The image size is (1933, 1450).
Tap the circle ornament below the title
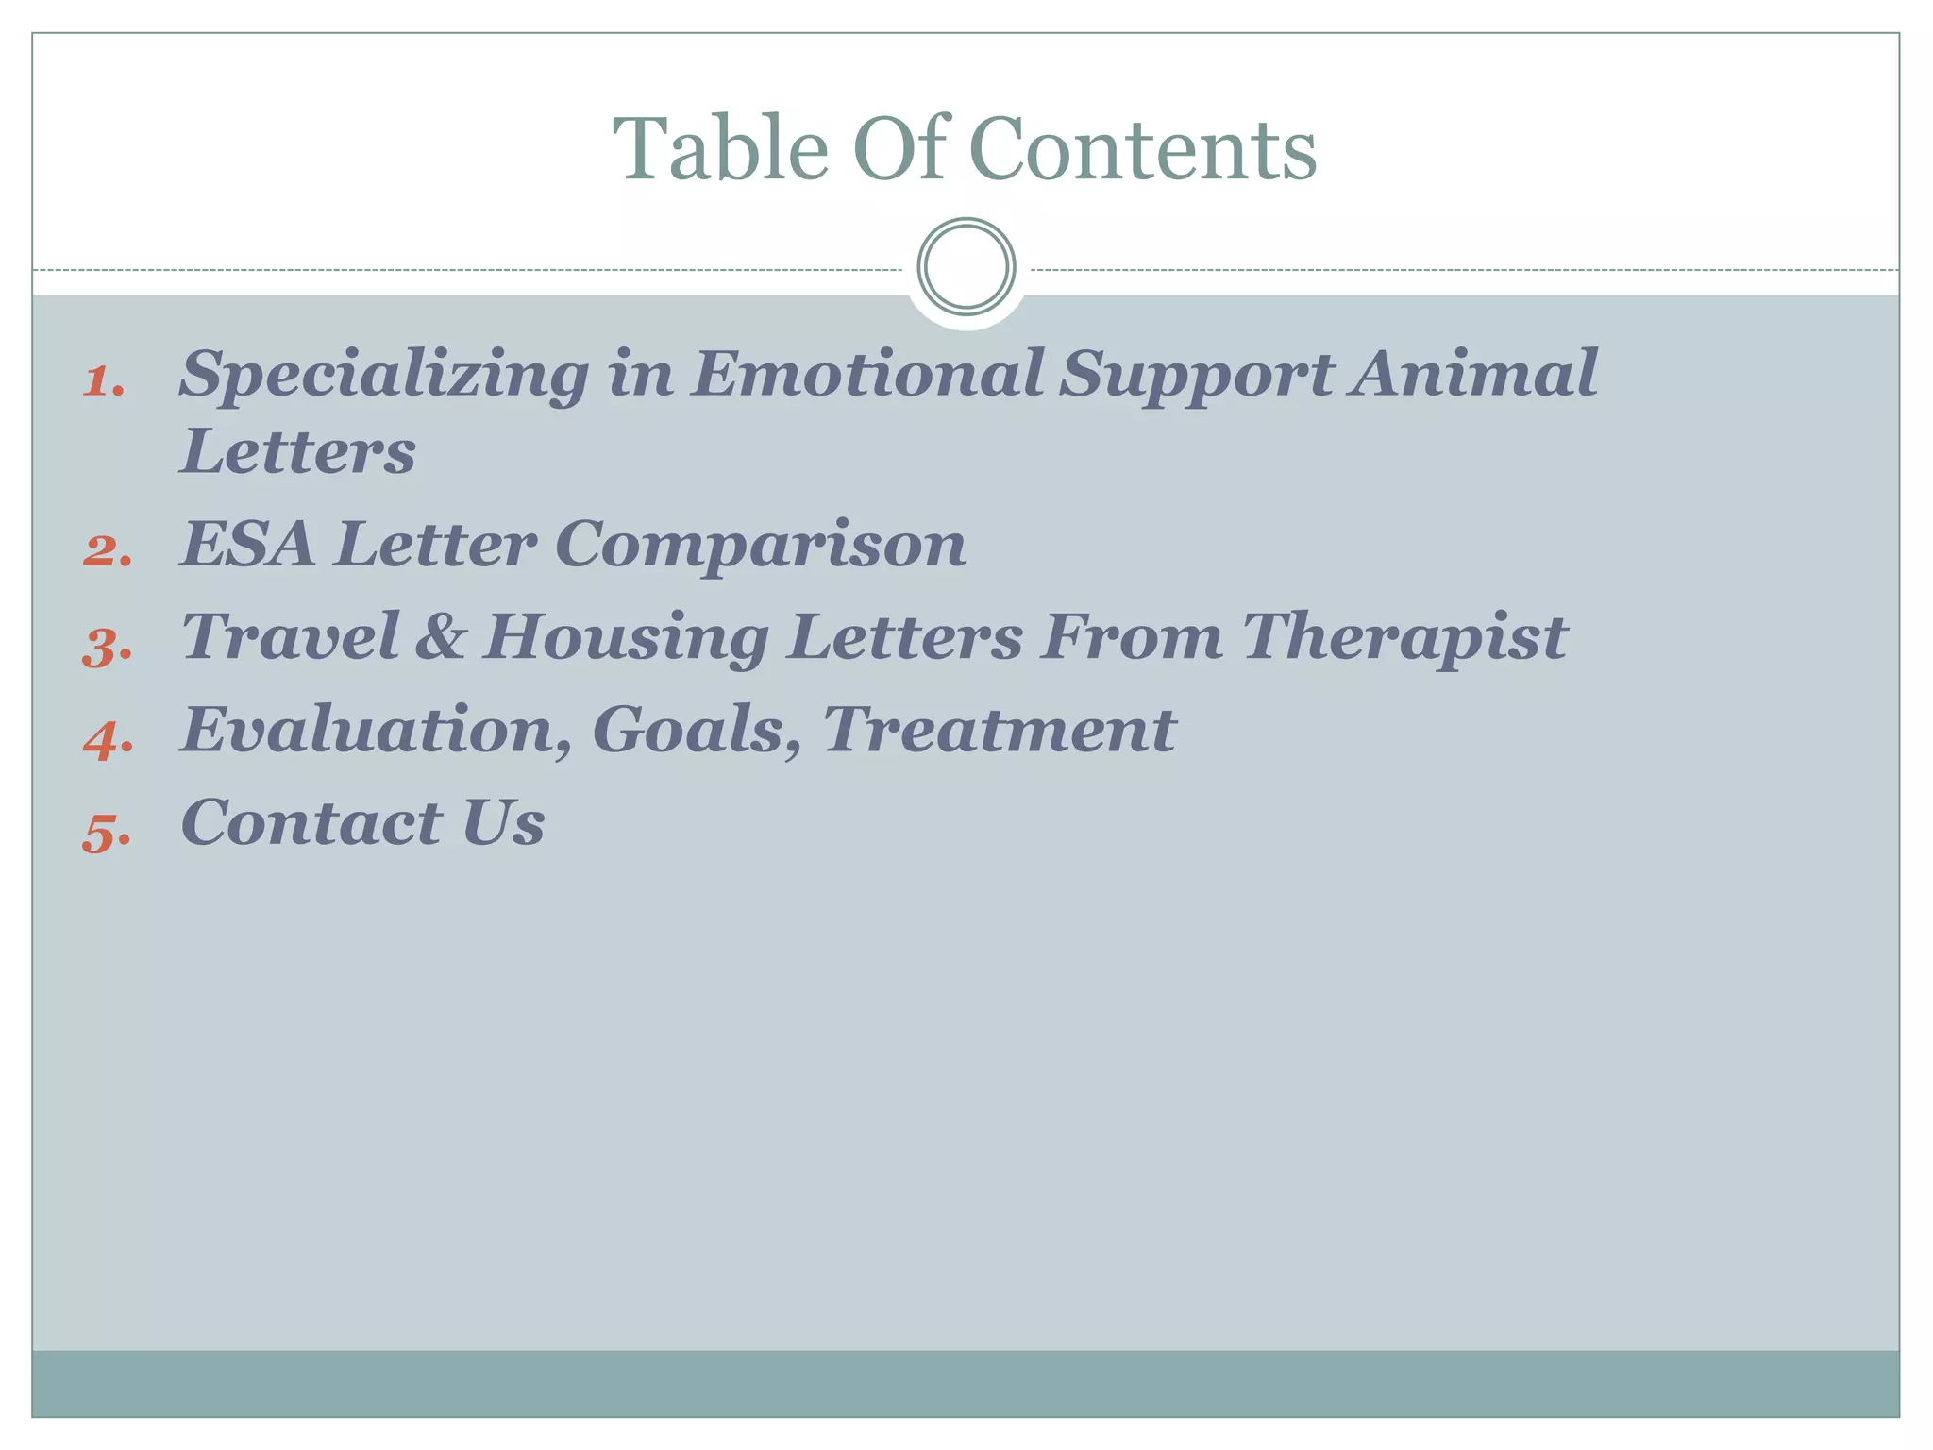point(966,267)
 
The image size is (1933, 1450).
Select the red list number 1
point(104,382)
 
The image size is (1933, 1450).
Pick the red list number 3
point(107,648)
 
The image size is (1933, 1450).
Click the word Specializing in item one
point(384,376)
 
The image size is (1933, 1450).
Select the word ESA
point(247,545)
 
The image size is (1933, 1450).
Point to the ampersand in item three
point(440,636)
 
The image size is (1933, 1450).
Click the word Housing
point(626,638)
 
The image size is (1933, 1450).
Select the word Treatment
point(999,731)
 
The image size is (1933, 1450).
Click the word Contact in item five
point(311,823)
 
